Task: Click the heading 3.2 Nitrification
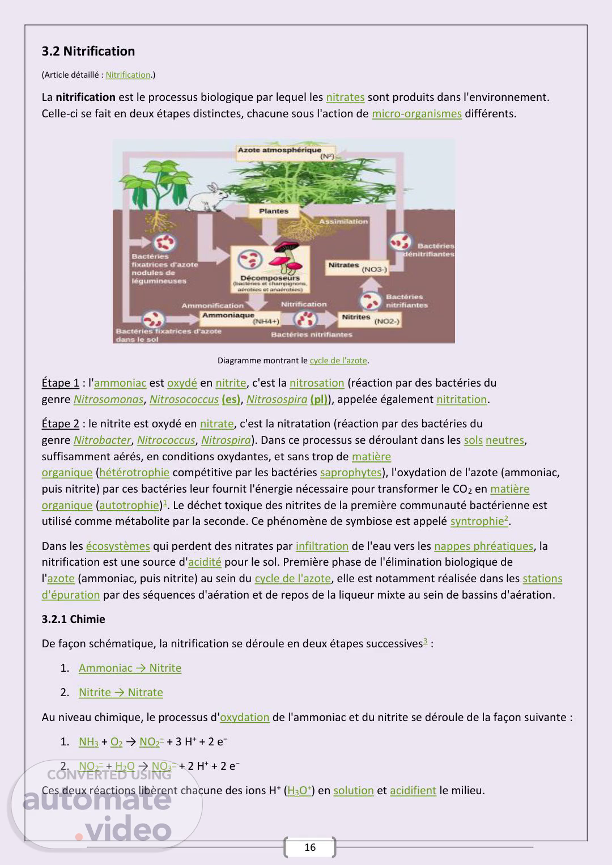click(88, 52)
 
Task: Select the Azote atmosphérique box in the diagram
click(286, 153)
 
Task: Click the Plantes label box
click(274, 211)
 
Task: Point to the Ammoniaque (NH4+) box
click(240, 318)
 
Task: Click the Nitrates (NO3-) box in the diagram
click(357, 267)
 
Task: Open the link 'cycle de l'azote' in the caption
click(338, 361)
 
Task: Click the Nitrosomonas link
click(108, 400)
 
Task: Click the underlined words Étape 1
click(60, 383)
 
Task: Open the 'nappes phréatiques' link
click(483, 546)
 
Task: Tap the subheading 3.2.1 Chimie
click(73, 620)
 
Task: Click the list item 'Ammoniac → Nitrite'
click(130, 668)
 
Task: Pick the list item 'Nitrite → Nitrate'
click(121, 693)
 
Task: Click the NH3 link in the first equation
click(88, 742)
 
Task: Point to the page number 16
click(310, 847)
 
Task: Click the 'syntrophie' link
click(478, 521)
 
